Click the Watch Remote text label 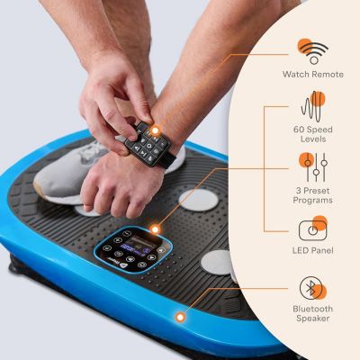313,74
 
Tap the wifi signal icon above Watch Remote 313,51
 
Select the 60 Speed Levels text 313,134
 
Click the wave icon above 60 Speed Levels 313,106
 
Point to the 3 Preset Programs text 313,195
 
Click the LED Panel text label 313,250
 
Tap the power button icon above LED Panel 313,229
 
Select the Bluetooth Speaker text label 313,313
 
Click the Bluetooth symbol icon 311,288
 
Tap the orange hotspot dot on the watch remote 155,130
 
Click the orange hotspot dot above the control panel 155,229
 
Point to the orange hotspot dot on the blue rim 180,317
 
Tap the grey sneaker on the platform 65,174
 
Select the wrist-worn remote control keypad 148,144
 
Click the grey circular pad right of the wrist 199,200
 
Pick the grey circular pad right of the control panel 217,262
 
